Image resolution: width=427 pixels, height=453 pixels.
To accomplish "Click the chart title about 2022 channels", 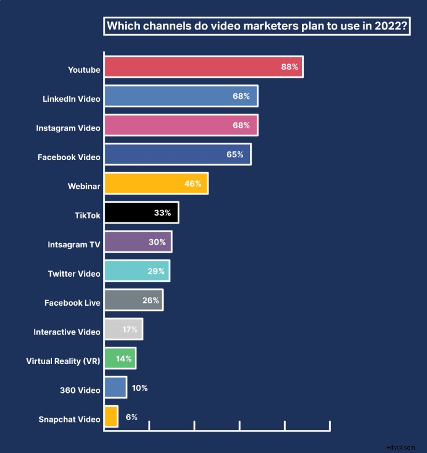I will [x=256, y=27].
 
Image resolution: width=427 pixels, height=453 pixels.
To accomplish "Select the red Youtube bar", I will [x=203, y=67].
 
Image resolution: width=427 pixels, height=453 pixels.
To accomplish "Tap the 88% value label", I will [x=289, y=67].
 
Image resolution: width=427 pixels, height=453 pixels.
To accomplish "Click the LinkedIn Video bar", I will [x=180, y=96].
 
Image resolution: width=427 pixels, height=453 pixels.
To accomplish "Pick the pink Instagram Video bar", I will [x=180, y=125].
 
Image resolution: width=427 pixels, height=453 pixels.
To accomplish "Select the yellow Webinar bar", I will [x=155, y=184].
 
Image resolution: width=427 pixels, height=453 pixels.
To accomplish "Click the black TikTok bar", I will [x=141, y=213].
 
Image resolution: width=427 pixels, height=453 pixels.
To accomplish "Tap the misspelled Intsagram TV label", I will [x=74, y=244].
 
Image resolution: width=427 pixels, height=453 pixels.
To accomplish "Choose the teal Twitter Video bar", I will [x=136, y=271].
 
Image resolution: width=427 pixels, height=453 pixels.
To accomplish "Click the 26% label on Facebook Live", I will [x=150, y=300].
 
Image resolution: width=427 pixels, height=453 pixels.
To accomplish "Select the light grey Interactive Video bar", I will [x=123, y=329].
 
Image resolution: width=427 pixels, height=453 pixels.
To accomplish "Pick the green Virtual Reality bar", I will [x=119, y=358].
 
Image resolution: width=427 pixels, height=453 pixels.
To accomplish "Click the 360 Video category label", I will [x=80, y=390].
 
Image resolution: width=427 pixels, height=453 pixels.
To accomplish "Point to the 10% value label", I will [x=139, y=388].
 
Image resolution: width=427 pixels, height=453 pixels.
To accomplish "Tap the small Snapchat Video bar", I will [x=111, y=417].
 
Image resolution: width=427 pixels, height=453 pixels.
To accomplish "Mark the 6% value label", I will [x=131, y=417].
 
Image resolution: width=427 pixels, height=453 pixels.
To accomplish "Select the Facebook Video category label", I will [x=69, y=157].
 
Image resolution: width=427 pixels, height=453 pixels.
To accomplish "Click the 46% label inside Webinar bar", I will [x=193, y=184].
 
